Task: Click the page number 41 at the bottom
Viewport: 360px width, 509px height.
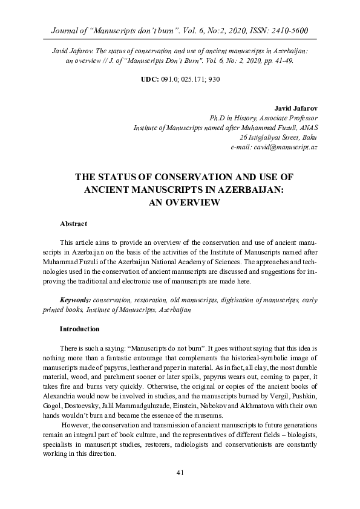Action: pyautogui.click(x=180, y=489)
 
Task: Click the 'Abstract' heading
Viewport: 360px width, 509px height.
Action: pyautogui.click(x=73, y=224)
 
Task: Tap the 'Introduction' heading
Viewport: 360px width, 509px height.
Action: pyautogui.click(x=79, y=329)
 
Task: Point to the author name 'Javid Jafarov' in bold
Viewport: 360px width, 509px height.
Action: pyautogui.click(x=296, y=108)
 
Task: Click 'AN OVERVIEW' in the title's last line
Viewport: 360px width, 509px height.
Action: pyautogui.click(x=180, y=203)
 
